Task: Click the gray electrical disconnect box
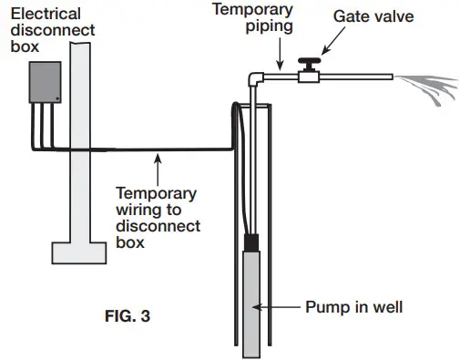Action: (43, 83)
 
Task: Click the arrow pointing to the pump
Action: (289, 307)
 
